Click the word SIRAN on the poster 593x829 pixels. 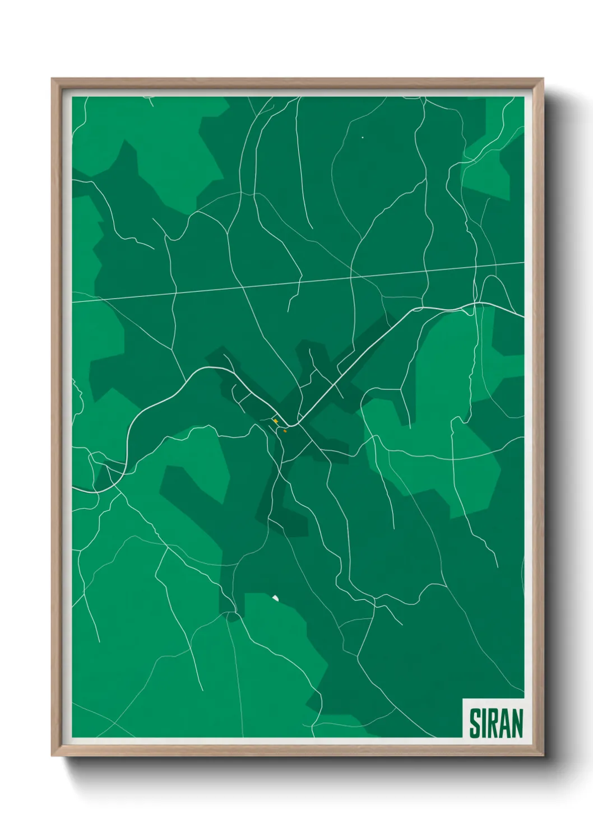tap(495, 723)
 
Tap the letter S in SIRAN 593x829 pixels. tap(475, 723)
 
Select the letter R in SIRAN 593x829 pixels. tap(494, 723)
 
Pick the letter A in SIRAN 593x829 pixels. tap(504, 723)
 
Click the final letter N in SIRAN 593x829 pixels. tap(516, 723)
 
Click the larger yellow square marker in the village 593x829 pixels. tap(275, 421)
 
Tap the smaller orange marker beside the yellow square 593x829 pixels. tap(285, 431)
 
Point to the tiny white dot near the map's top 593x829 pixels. tap(363, 137)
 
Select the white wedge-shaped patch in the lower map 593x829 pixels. tap(275, 598)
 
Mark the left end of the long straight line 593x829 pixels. tap(73, 301)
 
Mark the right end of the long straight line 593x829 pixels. tap(523, 262)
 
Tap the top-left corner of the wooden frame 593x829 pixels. tap(53, 80)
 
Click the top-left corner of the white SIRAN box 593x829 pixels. tap(463, 699)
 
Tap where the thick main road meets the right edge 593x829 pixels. tap(523, 317)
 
